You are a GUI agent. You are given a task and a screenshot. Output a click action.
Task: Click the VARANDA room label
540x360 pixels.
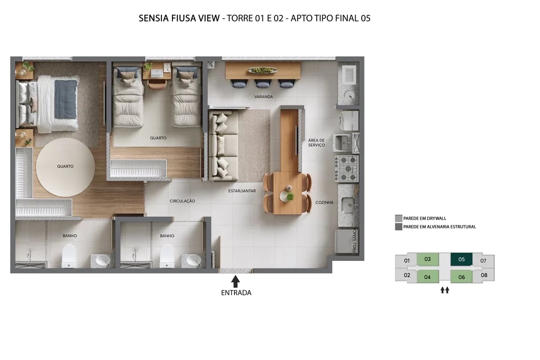(263, 97)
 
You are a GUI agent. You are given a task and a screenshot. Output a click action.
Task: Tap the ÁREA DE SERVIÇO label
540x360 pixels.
(316, 143)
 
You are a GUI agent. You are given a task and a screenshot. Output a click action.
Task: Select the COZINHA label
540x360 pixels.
(324, 202)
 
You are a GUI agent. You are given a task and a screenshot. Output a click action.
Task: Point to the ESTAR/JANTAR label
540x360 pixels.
(242, 191)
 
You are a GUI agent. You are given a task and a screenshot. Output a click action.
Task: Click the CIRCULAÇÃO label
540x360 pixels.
(182, 201)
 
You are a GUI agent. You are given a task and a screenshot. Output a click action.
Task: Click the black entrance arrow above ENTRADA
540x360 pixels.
(235, 282)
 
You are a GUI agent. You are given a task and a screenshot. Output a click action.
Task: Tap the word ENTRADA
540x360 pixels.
(236, 293)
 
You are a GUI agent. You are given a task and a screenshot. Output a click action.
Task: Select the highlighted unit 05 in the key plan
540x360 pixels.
(461, 260)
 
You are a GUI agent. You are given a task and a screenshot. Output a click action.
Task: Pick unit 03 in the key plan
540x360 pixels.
(427, 259)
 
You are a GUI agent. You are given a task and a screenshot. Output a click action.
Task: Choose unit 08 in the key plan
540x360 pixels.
(484, 275)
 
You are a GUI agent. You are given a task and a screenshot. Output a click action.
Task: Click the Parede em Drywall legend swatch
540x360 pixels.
(398, 218)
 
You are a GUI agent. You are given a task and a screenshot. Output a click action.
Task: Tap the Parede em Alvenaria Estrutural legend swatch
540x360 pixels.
(398, 227)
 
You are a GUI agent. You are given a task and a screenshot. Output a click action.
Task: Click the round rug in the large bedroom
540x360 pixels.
(65, 166)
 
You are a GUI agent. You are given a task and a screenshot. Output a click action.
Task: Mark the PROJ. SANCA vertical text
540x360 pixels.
(355, 241)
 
